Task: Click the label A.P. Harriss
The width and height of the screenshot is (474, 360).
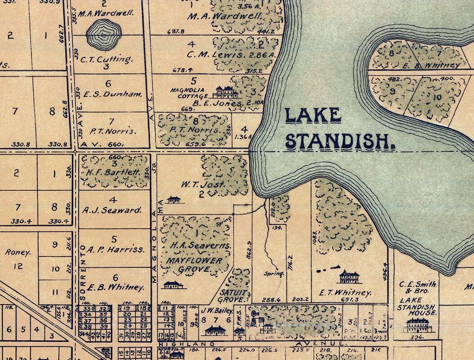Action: tap(116, 249)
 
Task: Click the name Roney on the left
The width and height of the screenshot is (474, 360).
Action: tap(18, 252)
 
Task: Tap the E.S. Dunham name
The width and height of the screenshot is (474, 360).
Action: tap(112, 94)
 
